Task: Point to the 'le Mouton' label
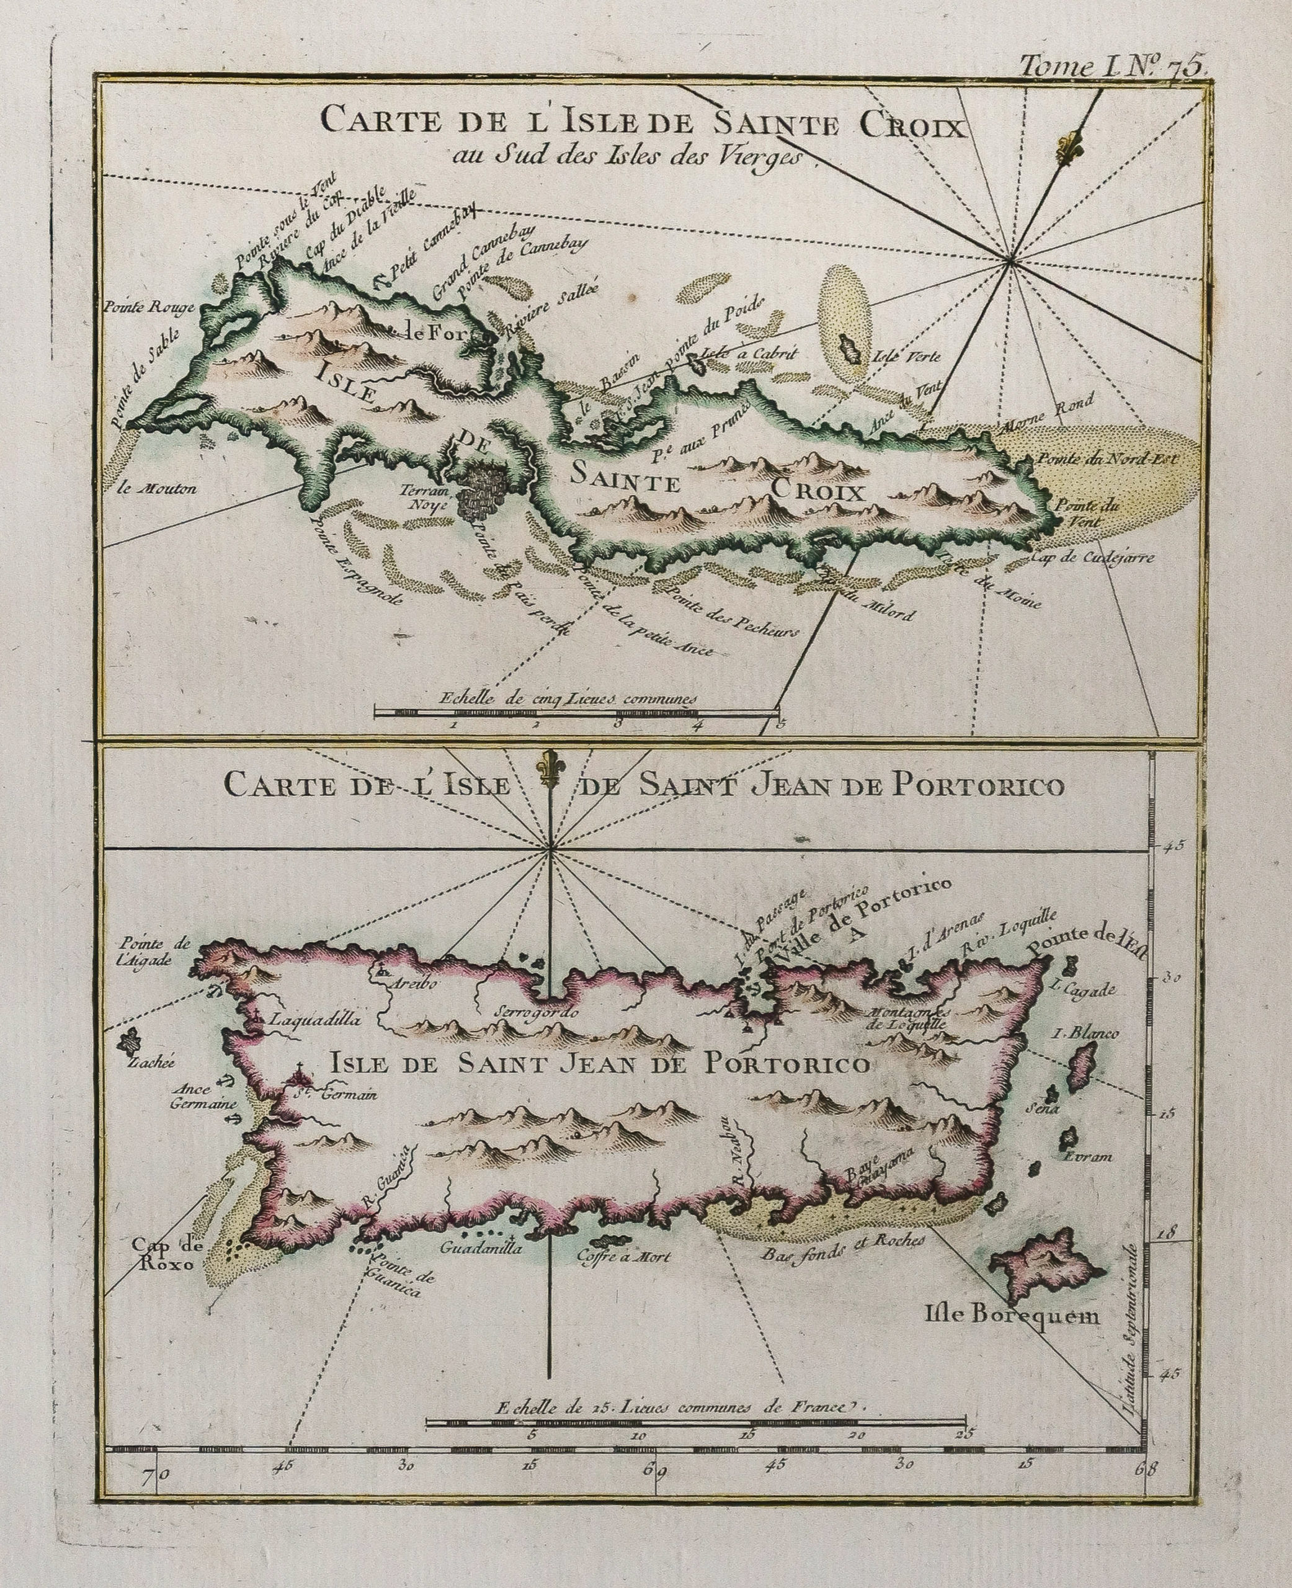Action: click(x=157, y=489)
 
